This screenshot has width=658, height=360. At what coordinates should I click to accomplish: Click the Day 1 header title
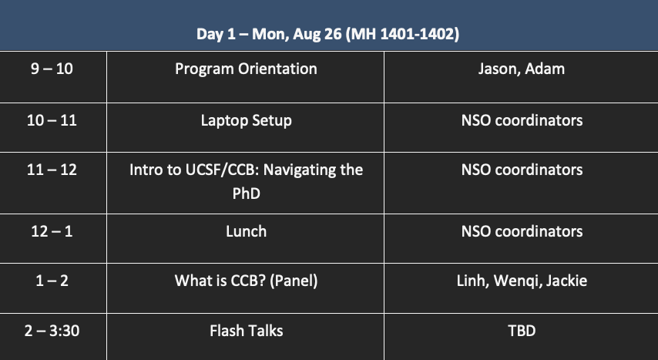(327, 34)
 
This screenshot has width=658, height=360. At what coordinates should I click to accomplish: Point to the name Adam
(545, 69)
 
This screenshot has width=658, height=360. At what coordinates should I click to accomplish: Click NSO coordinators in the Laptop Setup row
(522, 120)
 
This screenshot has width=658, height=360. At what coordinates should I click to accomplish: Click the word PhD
(246, 193)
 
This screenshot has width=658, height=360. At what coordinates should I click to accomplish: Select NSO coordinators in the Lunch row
(522, 231)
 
